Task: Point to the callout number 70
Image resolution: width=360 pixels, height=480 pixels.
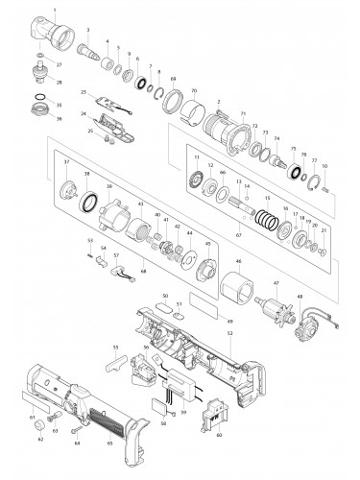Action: click(x=194, y=90)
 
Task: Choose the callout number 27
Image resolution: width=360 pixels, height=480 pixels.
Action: click(x=59, y=64)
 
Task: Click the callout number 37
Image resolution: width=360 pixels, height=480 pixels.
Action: click(x=66, y=162)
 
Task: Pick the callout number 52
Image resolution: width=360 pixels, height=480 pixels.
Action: click(x=229, y=332)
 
